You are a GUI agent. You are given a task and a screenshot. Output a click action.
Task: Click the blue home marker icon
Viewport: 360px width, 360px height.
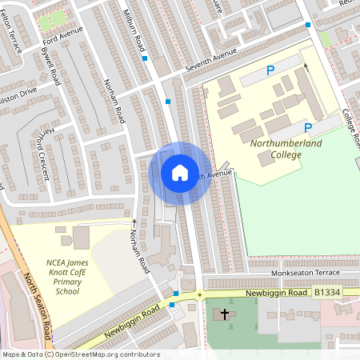(x=180, y=173)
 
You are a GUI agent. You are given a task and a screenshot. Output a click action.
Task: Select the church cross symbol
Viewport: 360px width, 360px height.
(x=226, y=314)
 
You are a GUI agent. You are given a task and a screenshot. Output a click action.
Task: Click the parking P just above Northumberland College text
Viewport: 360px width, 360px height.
(x=307, y=128)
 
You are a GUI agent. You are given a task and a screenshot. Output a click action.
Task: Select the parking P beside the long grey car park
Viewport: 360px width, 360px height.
(x=270, y=71)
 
